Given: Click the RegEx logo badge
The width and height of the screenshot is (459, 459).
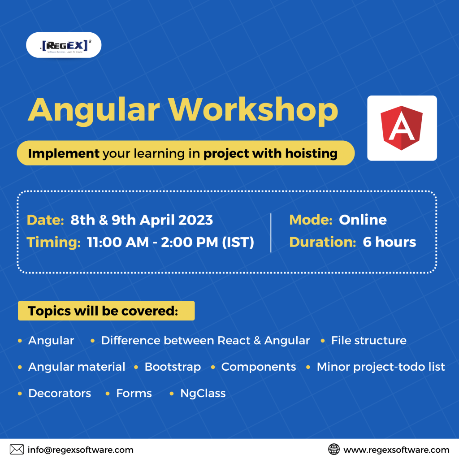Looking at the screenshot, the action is coord(64,45).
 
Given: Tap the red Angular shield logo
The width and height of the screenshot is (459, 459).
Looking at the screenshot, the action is coord(402,128).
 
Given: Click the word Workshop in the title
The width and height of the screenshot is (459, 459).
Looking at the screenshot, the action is coord(253,110).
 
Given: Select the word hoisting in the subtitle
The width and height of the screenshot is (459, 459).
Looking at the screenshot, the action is coord(311,153).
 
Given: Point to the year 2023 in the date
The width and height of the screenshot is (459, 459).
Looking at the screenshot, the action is coord(195,220).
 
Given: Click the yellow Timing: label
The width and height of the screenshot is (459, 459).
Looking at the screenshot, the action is coord(54,242).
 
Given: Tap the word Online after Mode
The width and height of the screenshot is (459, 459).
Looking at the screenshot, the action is coord(363,220).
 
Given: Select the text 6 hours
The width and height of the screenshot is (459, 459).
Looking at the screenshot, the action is coord(390,242).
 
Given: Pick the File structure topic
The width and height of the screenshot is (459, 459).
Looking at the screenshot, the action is coord(368,341).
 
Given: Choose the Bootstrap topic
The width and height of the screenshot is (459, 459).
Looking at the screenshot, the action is coord(173,367).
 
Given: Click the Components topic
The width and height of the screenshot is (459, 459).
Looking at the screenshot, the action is coord(259,367).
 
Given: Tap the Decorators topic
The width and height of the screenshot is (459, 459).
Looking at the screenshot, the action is coord(60,393).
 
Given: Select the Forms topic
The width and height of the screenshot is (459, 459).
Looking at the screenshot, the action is coord(134,393).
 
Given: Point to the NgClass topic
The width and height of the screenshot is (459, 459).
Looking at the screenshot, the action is coord(203,393).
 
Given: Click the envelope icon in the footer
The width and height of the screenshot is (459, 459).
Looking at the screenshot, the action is coord(17,449).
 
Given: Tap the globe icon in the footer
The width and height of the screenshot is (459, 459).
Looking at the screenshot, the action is coord(333,449).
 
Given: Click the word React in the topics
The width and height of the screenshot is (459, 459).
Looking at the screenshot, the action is coord(234,341).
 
